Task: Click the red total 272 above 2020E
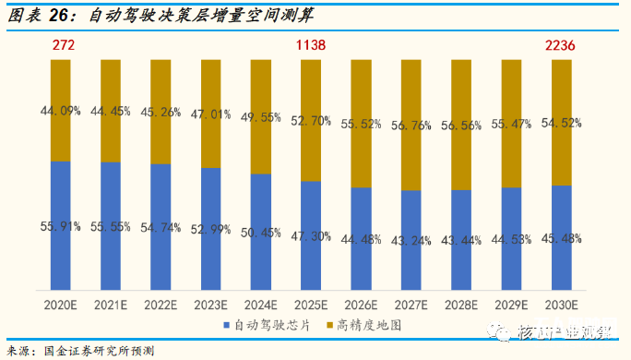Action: coord(61,44)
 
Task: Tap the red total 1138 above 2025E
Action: coord(311,44)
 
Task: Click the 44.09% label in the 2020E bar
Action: coord(61,111)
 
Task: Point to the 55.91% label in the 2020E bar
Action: coord(61,225)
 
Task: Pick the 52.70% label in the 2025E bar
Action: coord(311,120)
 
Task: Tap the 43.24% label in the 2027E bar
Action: coord(411,241)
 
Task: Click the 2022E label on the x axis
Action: coord(161,303)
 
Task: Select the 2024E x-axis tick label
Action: coord(261,303)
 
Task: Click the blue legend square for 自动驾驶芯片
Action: coord(227,325)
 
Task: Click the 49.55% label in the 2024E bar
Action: coord(261,117)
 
